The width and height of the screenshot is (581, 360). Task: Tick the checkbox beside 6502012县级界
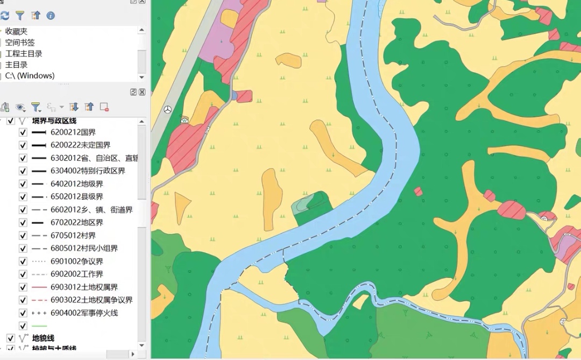23,196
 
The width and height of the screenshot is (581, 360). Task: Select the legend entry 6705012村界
73,235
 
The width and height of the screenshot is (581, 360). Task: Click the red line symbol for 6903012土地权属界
39,287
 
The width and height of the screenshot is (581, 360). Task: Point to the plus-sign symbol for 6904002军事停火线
39,313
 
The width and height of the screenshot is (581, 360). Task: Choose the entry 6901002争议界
76,261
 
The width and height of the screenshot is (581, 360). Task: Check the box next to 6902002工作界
23,274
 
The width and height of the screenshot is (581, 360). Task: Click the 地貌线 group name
44,338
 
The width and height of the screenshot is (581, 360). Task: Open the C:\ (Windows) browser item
30,76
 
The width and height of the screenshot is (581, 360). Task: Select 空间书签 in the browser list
20,43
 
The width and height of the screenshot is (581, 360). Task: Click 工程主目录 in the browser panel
24,54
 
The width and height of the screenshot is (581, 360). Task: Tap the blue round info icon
51,16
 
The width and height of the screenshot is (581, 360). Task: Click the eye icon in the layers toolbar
20,107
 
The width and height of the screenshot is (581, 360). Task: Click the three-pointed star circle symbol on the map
167,109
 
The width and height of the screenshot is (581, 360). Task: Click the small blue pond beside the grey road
235,96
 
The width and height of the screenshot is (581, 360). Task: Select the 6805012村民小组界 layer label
84,248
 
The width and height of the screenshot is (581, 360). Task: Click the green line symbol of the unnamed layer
39,326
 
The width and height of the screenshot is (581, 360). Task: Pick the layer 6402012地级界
76,183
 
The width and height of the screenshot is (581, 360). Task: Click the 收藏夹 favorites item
16,32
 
